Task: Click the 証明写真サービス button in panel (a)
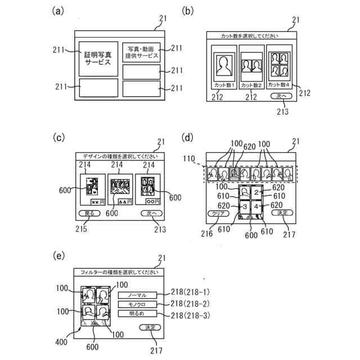tap(98, 58)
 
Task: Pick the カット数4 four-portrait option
tap(280, 67)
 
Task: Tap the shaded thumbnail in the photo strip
tap(235, 173)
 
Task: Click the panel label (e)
tap(57, 256)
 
